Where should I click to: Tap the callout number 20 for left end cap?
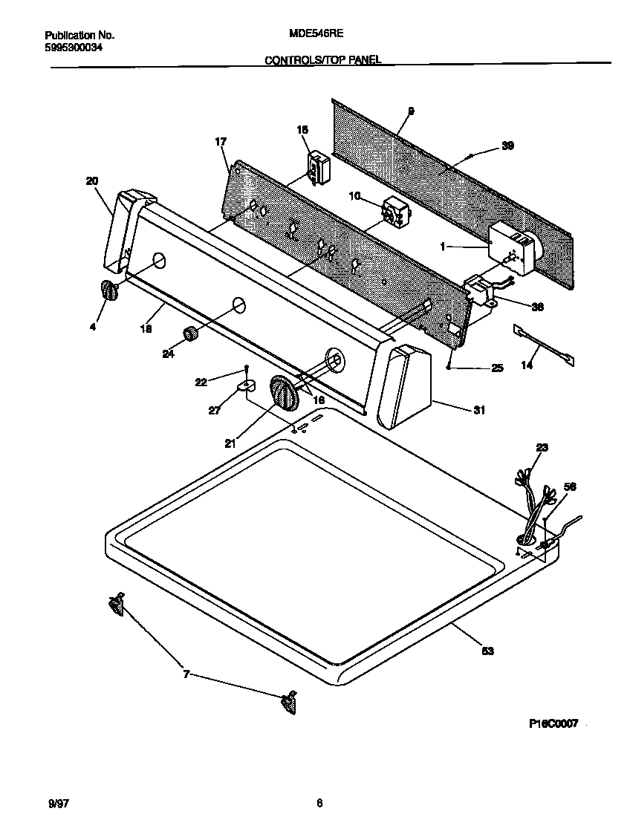[91, 180]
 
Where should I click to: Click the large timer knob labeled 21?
[284, 392]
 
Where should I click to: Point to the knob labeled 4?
[109, 291]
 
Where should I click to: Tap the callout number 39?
[507, 146]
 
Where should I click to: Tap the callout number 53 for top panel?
[487, 651]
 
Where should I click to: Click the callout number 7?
[186, 674]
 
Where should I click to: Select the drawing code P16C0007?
[553, 723]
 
